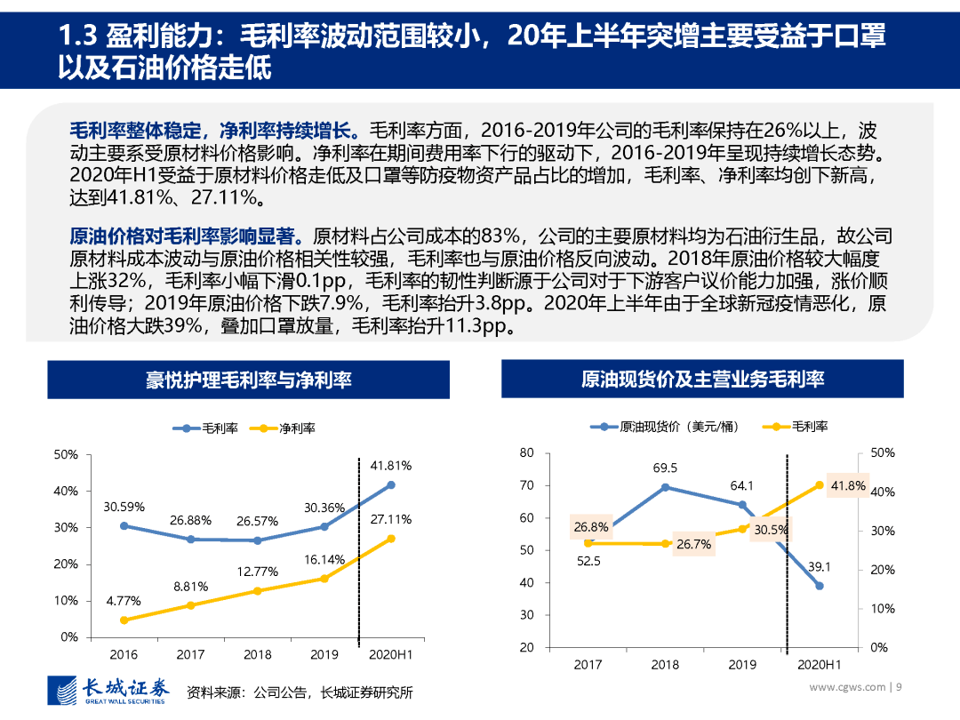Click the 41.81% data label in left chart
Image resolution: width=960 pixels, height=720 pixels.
pyautogui.click(x=391, y=465)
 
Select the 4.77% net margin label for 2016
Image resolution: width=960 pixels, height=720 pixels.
pyautogui.click(x=124, y=601)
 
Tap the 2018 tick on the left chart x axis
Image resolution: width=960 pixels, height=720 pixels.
pyautogui.click(x=258, y=654)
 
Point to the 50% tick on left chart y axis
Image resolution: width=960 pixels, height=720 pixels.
pyautogui.click(x=66, y=454)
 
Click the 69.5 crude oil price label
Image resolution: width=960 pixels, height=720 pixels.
pyautogui.click(x=664, y=468)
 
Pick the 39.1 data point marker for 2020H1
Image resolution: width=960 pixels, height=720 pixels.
pyautogui.click(x=820, y=586)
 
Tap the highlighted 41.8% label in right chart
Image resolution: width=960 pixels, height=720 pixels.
pyautogui.click(x=847, y=485)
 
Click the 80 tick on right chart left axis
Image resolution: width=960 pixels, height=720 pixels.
pyautogui.click(x=526, y=453)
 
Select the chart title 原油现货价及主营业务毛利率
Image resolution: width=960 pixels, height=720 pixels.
pyautogui.click(x=702, y=380)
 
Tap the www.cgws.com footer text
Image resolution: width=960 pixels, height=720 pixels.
pyautogui.click(x=847, y=686)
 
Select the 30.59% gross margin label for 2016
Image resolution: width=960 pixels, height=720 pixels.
pyautogui.click(x=124, y=507)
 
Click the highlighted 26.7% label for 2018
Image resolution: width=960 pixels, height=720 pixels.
pyautogui.click(x=693, y=544)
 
